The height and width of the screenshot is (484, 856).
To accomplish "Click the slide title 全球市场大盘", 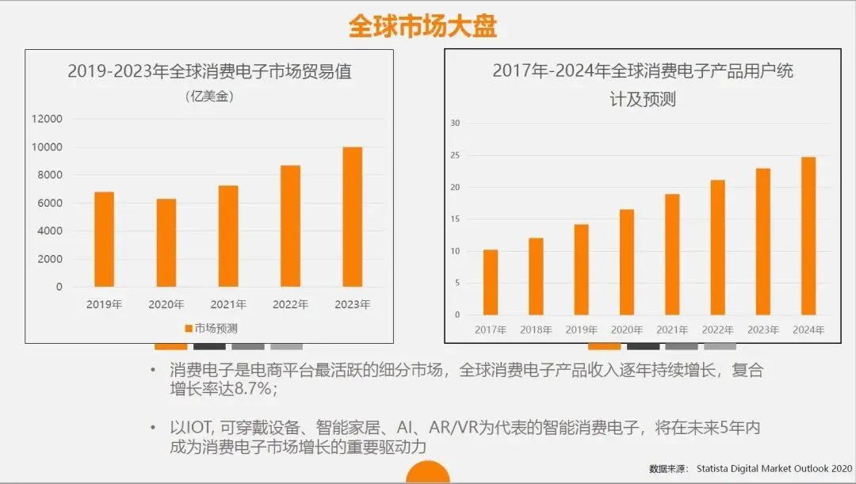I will click(x=422, y=26).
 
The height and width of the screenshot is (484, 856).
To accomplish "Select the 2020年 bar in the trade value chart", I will click(x=166, y=242).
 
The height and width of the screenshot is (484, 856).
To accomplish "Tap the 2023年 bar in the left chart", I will click(x=352, y=216).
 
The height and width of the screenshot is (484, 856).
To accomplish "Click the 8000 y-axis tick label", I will click(x=49, y=175).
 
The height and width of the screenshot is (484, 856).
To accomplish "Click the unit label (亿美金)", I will click(x=209, y=97).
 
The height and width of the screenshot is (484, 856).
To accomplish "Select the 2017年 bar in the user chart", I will click(x=491, y=282).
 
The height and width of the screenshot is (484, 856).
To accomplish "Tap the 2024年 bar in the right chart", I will click(x=808, y=236).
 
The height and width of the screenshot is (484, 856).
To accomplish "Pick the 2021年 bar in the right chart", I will click(x=671, y=254).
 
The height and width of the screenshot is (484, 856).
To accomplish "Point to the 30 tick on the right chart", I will click(x=455, y=123).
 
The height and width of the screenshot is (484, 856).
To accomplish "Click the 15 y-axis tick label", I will click(x=455, y=219).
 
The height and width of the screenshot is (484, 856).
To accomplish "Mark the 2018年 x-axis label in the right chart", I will click(x=536, y=330).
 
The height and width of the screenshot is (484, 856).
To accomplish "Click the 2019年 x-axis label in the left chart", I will click(x=104, y=304).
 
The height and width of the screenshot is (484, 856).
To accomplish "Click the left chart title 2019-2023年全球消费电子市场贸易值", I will click(x=209, y=71).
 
